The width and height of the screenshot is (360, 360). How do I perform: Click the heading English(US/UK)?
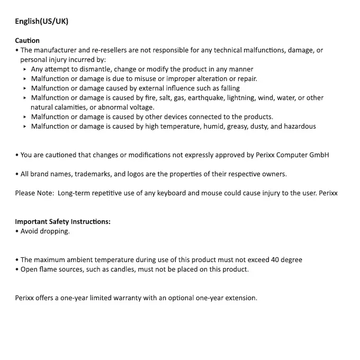point(41,21)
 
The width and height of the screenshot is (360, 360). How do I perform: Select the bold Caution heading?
point(27,40)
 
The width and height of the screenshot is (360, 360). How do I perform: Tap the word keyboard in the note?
point(170,193)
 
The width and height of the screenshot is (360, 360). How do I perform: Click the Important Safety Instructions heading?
point(62,221)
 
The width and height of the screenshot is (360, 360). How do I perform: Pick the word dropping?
point(56,231)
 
